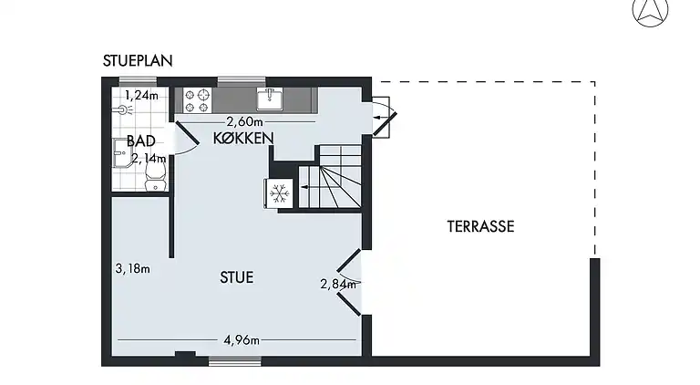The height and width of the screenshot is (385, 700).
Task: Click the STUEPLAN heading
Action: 138,62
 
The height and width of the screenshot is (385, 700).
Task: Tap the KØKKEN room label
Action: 243,138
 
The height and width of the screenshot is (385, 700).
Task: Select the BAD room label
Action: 140,141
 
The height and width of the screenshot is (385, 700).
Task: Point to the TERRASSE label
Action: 480,226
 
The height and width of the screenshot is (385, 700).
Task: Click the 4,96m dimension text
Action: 242,340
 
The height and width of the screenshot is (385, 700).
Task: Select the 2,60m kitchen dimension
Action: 245,121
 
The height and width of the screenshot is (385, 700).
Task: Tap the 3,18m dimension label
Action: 133,269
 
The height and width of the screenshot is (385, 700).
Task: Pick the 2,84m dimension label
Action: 336,284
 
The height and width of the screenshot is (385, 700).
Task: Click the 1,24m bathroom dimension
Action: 140,94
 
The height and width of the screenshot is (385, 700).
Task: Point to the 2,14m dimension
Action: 149,158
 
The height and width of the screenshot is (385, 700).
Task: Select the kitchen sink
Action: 271,97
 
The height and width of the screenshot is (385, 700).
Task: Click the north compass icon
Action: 649,11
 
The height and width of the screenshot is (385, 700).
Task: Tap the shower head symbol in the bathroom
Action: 124,109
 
